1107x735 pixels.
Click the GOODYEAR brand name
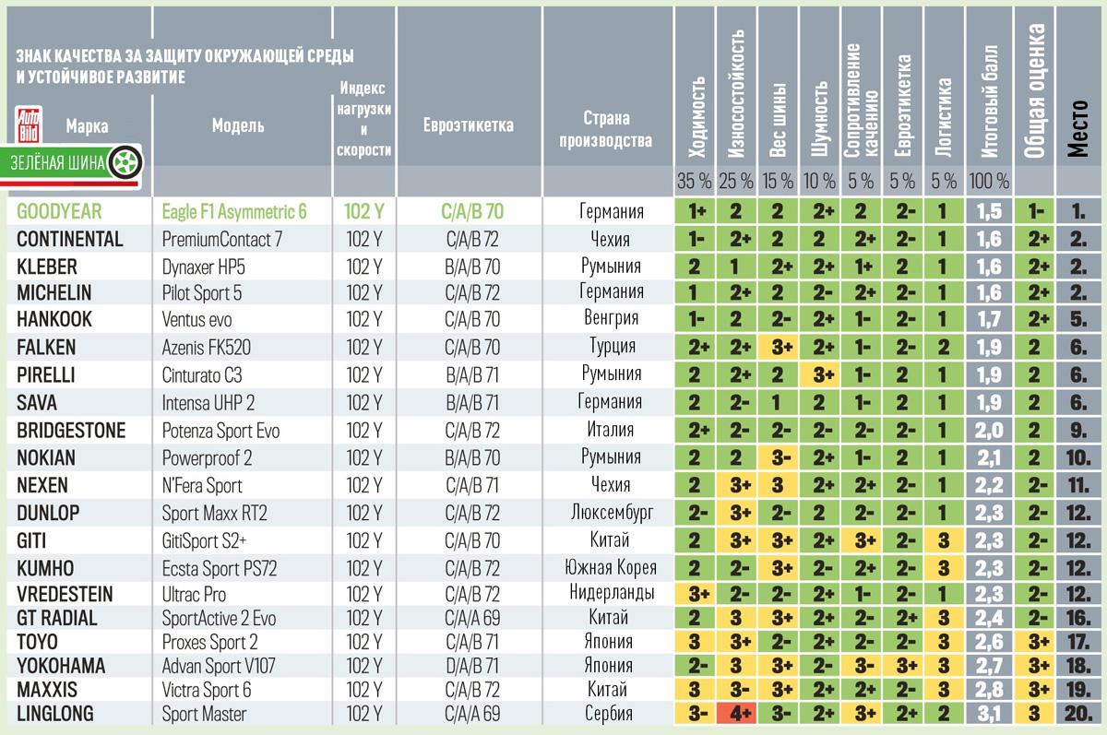tap(60, 212)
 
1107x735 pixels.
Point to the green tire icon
tap(120, 163)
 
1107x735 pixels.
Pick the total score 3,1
tap(989, 713)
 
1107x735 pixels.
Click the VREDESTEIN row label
tap(68, 594)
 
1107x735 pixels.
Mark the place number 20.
tap(1079, 713)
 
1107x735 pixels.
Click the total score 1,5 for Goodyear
tap(989, 212)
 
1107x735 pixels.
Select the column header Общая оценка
tap(1036, 92)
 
